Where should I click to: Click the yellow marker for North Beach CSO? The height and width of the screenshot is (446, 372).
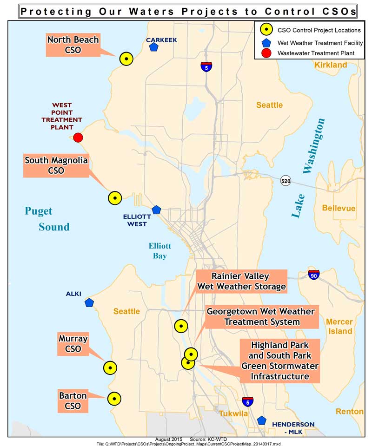point(126,59)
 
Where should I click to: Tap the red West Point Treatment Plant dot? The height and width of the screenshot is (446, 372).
point(78,138)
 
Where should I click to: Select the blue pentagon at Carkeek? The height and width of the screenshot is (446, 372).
point(153,47)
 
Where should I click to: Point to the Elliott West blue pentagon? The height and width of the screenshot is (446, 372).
point(156,210)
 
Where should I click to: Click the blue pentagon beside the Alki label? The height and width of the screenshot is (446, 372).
point(89,303)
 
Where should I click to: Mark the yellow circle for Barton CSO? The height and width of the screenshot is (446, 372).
point(114,399)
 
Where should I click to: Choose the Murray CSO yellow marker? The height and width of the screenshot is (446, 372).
point(110,368)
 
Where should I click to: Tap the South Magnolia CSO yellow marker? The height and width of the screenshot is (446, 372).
point(114,198)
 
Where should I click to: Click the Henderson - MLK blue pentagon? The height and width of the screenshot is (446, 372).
point(261,420)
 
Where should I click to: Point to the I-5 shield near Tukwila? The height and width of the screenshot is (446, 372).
point(248,401)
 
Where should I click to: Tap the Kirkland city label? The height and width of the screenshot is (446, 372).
point(331,65)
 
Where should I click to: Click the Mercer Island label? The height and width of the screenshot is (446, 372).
point(339,326)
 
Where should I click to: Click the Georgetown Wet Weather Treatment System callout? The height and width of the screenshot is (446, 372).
point(260,316)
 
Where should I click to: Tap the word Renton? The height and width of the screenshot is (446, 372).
point(349,412)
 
